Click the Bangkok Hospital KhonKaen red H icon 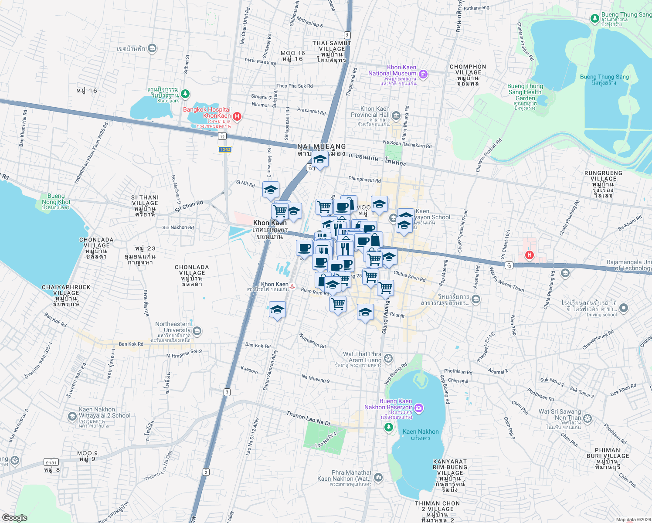coord(237,116)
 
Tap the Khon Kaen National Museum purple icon coord(423,75)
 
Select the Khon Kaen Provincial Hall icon coord(396,115)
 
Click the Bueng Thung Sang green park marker coord(594,18)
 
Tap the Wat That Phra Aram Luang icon coord(388,359)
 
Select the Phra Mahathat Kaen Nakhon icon coord(378,477)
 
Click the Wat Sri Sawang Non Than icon coord(587,419)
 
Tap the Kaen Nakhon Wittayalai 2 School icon coord(72,416)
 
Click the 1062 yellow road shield coord(225,149)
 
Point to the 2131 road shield coord(51,462)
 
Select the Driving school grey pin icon coord(624,308)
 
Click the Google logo coord(14,517)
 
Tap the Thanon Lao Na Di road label coord(308,418)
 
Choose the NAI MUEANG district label coord(321,147)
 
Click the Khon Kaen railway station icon coord(292,287)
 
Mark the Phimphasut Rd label coord(364,180)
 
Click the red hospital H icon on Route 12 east coord(529,255)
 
